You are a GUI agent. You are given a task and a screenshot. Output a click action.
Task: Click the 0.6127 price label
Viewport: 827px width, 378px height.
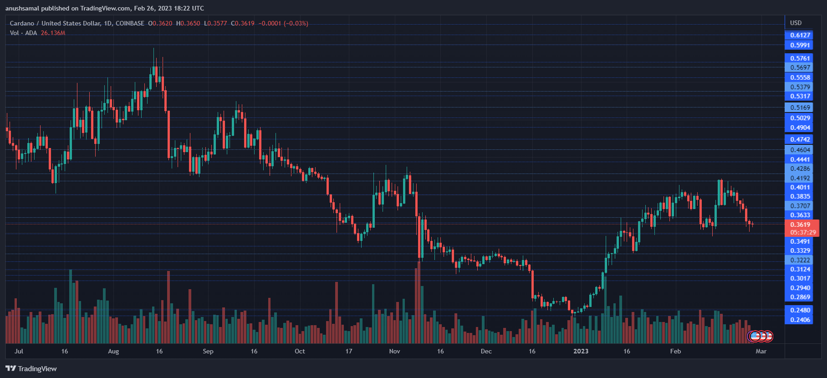point(800,36)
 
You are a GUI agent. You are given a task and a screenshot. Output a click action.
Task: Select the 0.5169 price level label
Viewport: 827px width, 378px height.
point(800,108)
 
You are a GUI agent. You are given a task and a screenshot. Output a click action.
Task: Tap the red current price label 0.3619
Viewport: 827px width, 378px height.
point(800,225)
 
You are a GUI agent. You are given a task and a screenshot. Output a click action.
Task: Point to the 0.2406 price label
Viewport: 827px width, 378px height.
point(800,320)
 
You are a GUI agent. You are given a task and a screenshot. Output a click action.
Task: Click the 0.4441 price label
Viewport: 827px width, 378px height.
point(800,159)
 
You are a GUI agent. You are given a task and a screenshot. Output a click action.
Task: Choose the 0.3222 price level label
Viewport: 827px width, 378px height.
point(800,260)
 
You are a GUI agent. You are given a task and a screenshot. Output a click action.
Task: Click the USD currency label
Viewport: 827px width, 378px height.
point(796,23)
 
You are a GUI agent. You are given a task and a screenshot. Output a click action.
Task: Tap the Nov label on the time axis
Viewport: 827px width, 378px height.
point(394,351)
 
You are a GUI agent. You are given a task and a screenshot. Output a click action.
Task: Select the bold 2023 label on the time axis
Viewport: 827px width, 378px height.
point(581,351)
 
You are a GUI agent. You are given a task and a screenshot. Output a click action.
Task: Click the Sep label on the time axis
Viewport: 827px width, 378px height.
point(208,351)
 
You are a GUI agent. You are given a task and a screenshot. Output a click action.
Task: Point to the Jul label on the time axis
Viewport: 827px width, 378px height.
point(19,351)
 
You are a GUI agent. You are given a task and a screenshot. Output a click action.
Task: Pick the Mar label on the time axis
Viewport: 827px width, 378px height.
point(761,351)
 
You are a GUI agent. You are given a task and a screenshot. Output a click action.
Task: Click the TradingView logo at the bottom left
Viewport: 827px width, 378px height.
point(31,368)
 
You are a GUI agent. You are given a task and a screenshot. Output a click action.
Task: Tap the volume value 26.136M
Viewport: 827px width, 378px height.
point(53,33)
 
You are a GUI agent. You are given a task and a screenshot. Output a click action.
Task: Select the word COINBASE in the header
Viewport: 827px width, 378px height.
point(130,23)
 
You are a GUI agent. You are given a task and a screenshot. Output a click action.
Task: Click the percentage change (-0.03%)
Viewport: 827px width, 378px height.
point(296,23)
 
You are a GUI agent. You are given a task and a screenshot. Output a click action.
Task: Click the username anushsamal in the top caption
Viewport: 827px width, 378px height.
point(22,8)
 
